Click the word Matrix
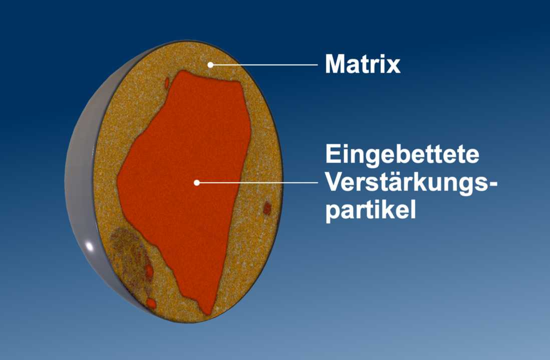point(362,64)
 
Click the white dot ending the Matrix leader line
point(211,64)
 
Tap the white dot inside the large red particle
point(197,182)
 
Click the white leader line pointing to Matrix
point(265,64)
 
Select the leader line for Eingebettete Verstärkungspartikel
point(258,182)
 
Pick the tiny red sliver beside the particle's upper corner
point(167,82)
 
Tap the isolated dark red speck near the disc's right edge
point(267,208)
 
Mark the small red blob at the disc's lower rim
point(151,303)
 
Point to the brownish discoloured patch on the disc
point(128,255)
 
